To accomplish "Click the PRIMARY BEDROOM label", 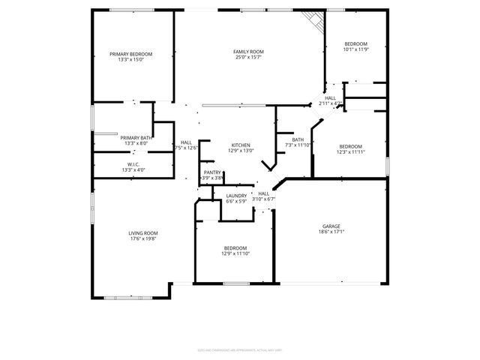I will [131, 54].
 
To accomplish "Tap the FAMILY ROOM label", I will [248, 52].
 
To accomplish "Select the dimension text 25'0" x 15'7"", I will [248, 58].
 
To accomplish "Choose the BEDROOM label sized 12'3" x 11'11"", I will [350, 146].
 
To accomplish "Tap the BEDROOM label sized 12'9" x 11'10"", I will [235, 248].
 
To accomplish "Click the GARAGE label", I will [331, 226].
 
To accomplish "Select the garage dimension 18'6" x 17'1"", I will [331, 232].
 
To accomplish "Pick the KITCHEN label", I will [241, 145].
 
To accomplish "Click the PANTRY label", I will [212, 172].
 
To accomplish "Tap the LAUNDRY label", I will [236, 196].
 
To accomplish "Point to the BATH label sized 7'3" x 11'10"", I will [298, 139].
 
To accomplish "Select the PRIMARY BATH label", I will [136, 137].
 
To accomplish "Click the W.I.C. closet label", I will [133, 164].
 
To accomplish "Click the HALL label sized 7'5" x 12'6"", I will [186, 142].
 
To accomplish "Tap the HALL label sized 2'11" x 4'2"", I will [330, 97].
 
